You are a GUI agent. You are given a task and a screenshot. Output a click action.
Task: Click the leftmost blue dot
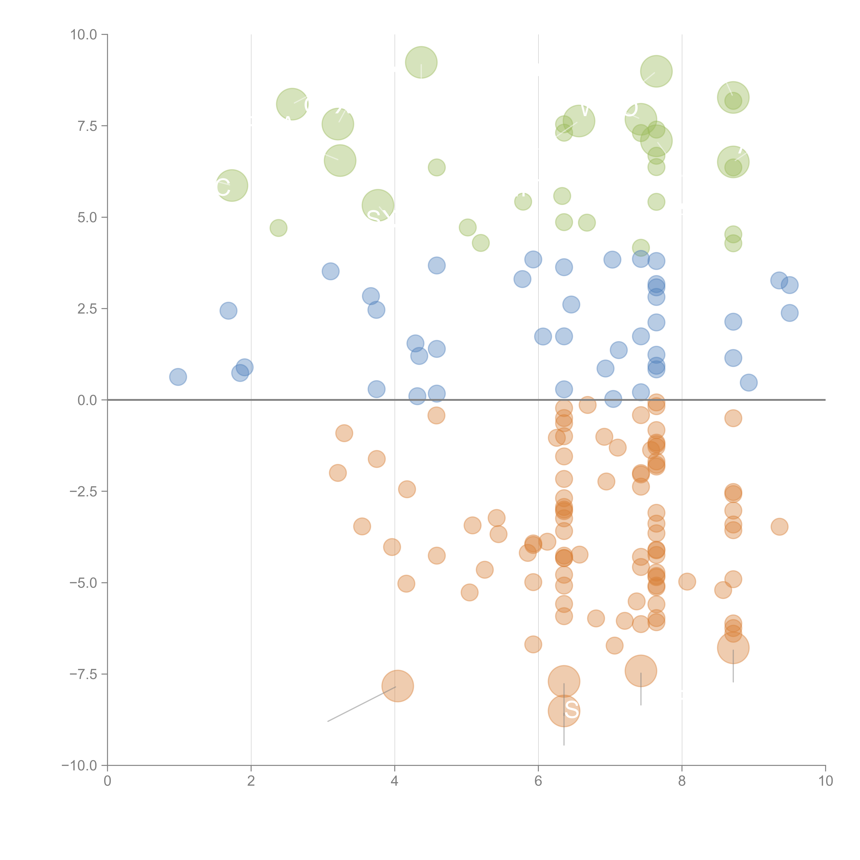178,377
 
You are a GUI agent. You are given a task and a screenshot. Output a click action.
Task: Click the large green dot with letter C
232,186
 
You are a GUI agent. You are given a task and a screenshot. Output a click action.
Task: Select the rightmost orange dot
779,527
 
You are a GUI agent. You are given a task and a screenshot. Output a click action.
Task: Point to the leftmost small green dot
278,228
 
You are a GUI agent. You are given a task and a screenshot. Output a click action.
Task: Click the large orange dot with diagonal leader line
397,686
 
